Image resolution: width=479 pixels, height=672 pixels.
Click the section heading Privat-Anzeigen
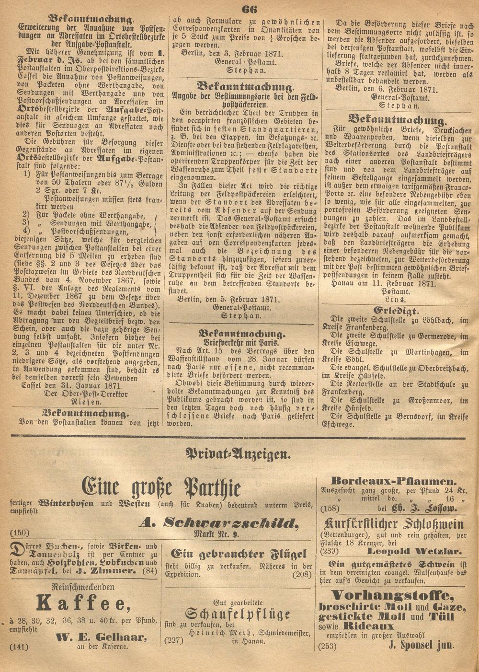click(239, 453)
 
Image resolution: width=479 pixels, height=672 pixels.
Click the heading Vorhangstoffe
click(392, 596)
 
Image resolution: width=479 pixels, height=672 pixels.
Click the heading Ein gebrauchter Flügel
click(239, 554)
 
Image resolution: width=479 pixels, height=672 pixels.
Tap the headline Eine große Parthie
click(161, 488)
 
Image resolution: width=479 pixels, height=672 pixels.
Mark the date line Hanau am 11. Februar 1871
click(383, 283)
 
